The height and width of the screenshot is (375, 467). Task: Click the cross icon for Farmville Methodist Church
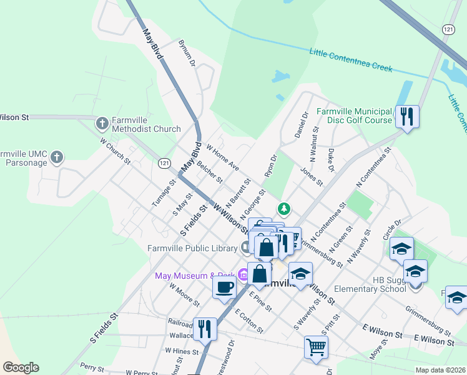point(102,123)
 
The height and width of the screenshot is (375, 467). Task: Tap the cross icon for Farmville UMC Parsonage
point(57,157)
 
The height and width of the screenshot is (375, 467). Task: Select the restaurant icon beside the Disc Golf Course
point(407,116)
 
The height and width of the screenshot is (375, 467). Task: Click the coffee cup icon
point(224,287)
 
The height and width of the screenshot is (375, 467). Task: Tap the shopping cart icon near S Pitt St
point(317,346)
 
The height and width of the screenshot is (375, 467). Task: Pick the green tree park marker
point(284,208)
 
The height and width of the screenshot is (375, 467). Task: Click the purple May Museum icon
point(241,276)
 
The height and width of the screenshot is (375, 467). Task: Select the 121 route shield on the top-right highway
point(448,29)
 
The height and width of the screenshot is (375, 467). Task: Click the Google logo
point(21,367)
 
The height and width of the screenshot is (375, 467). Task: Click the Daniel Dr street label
point(302,125)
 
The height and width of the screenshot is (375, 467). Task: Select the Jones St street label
point(311,177)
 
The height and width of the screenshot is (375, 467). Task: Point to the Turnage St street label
point(162,193)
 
